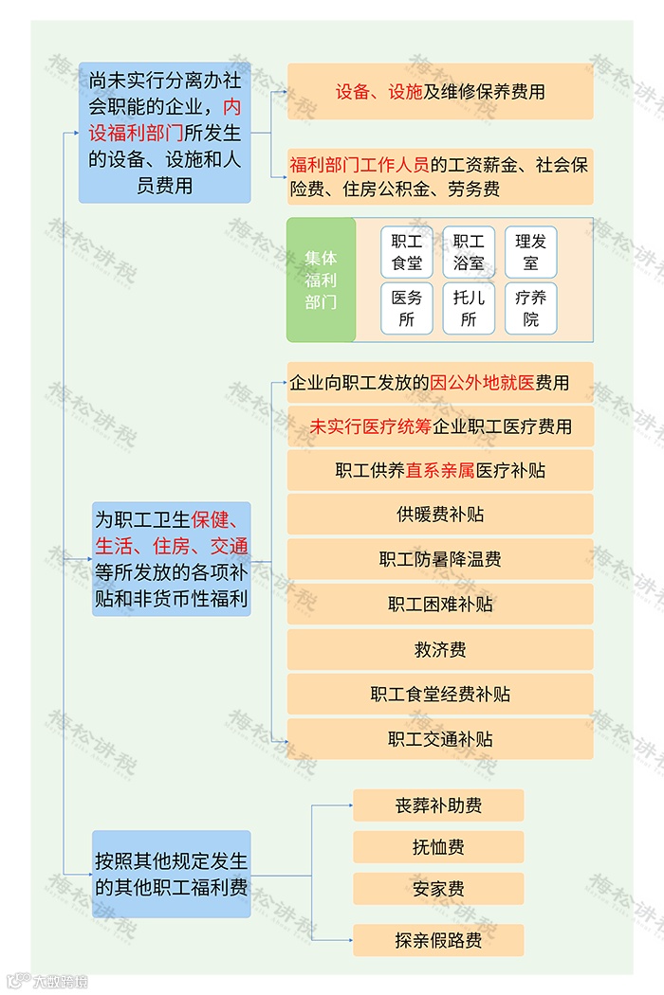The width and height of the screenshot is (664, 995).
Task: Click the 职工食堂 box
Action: [x=407, y=251]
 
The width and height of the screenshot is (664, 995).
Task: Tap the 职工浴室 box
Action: [x=469, y=251]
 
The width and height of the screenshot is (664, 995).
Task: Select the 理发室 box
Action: [x=530, y=251]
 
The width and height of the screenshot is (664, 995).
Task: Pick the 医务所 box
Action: [x=407, y=308]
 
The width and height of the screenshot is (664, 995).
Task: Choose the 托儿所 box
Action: [x=469, y=308]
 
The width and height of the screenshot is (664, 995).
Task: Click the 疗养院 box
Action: [x=530, y=308]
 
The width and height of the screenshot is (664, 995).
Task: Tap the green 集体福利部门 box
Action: [x=321, y=280]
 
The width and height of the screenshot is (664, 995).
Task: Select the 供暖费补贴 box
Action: [x=440, y=515]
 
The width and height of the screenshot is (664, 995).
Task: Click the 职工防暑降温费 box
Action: [x=440, y=559]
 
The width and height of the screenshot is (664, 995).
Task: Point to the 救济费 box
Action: [x=440, y=649]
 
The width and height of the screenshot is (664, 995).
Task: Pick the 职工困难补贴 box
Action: [x=440, y=604]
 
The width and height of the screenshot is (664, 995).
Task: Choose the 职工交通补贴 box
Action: [x=440, y=739]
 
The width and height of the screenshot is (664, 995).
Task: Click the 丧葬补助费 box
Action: [x=438, y=805]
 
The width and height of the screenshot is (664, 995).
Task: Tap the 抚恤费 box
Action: [x=438, y=847]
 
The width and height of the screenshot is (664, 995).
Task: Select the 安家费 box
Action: [x=438, y=889]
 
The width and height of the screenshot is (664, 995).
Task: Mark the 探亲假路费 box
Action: [x=438, y=940]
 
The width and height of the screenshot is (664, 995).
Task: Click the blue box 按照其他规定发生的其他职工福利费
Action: [x=172, y=874]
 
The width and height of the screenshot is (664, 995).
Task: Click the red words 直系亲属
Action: [x=440, y=471]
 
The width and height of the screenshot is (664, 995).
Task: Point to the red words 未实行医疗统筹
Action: [x=371, y=427]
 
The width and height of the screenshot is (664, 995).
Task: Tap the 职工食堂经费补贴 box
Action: [x=440, y=695]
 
